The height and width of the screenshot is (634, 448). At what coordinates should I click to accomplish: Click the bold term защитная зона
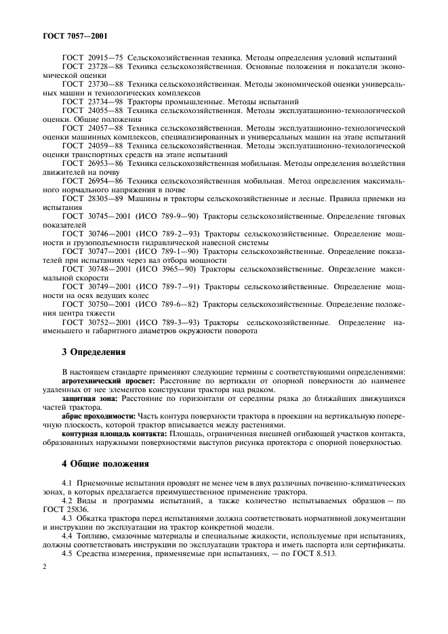(86, 399)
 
